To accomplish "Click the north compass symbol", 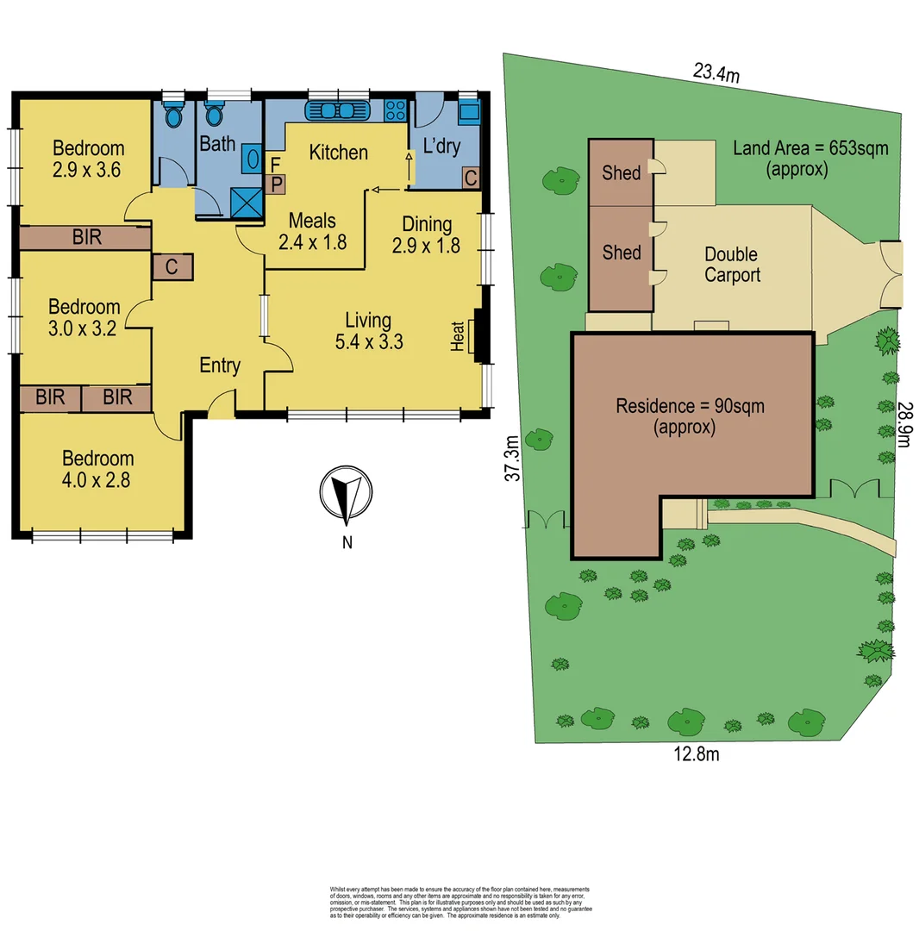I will click(x=347, y=497).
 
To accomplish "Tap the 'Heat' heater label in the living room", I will click(x=457, y=336).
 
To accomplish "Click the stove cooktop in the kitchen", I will click(x=395, y=109).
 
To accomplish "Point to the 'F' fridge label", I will click(x=276, y=164).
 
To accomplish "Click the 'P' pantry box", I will click(x=278, y=183).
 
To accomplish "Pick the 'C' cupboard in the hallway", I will click(x=172, y=267).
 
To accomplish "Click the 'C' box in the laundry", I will click(x=471, y=178).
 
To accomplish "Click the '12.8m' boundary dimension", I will click(x=696, y=755).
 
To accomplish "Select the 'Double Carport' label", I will click(x=732, y=265).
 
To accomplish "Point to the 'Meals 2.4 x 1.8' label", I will click(x=312, y=231).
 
